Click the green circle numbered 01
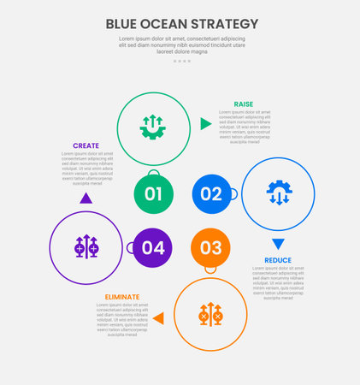pyautogui.click(x=153, y=194)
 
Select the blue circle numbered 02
pyautogui.click(x=211, y=194)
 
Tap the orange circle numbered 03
pyautogui.click(x=211, y=248)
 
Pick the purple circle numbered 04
pyautogui.click(x=153, y=248)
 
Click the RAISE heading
pyautogui.click(x=244, y=104)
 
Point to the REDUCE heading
pyautogui.click(x=278, y=260)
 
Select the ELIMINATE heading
pyautogui.click(x=122, y=297)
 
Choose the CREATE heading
pyautogui.click(x=86, y=145)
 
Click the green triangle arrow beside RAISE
pyautogui.click(x=205, y=124)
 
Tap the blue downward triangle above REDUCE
pyautogui.click(x=278, y=244)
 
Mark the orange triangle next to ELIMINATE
pyautogui.click(x=157, y=318)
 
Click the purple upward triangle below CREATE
pyautogui.click(x=86, y=198)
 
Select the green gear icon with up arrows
pyautogui.click(x=153, y=127)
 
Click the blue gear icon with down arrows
pyautogui.click(x=279, y=193)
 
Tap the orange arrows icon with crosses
pyautogui.click(x=210, y=314)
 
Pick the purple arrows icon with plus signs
pyautogui.click(x=86, y=247)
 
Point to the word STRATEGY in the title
pyautogui.click(x=227, y=23)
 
